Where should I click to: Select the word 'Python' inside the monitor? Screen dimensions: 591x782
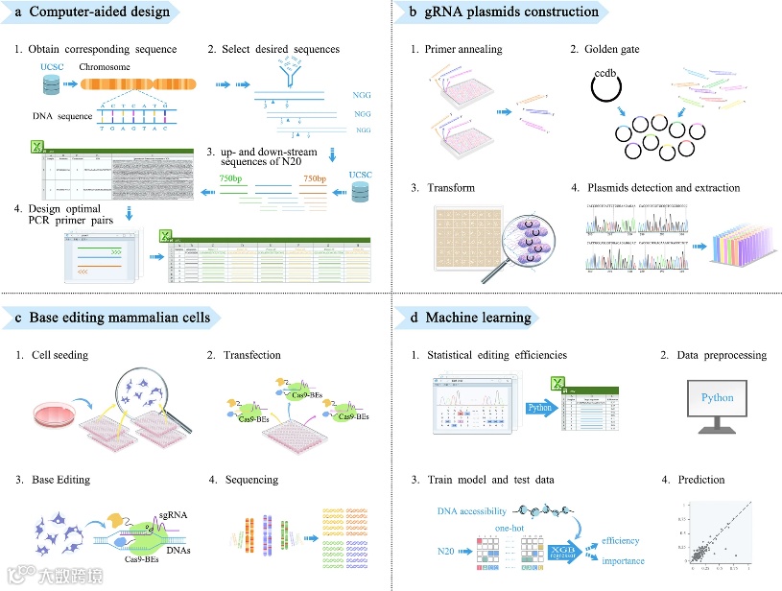click(717, 398)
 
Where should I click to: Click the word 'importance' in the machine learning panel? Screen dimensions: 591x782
click(623, 560)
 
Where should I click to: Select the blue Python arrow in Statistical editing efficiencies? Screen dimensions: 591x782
click(544, 406)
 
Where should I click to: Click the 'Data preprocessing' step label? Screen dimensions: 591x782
click(719, 355)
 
